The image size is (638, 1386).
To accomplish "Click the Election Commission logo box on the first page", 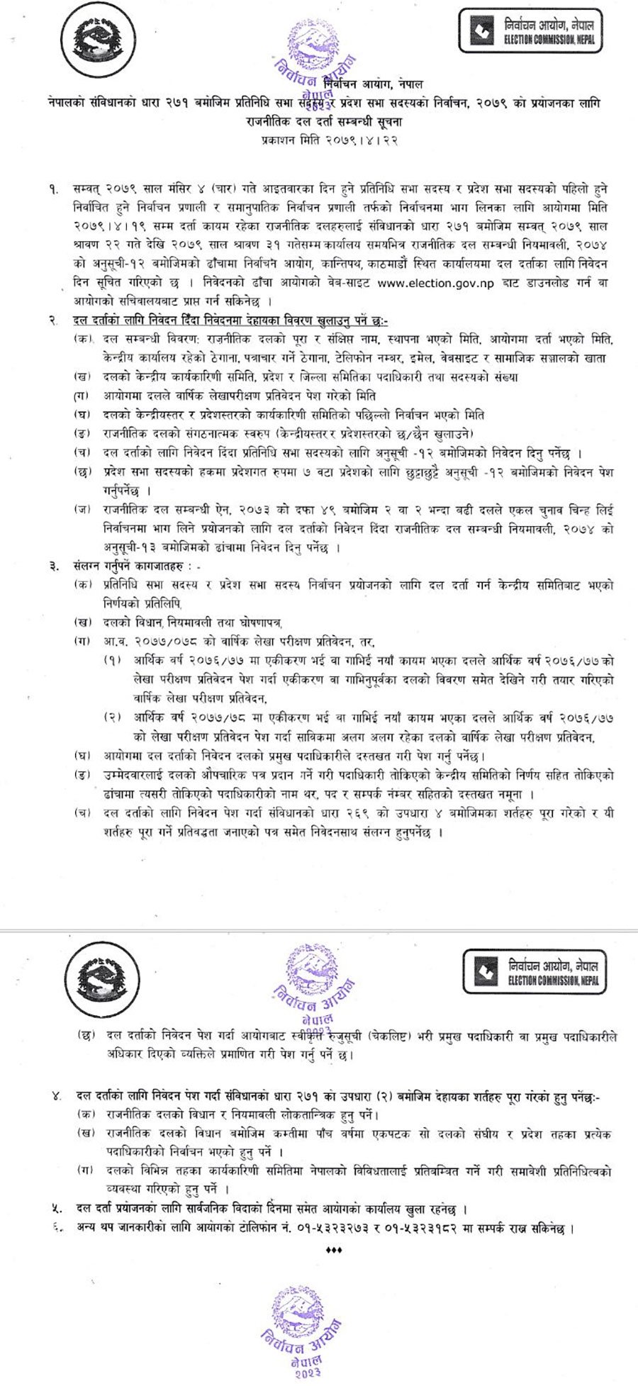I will pos(531,30).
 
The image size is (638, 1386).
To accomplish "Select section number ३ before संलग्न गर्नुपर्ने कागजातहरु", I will pos(55,566).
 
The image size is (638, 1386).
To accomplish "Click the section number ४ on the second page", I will pos(55,1097).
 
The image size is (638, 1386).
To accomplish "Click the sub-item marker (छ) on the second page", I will pos(86,1036).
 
